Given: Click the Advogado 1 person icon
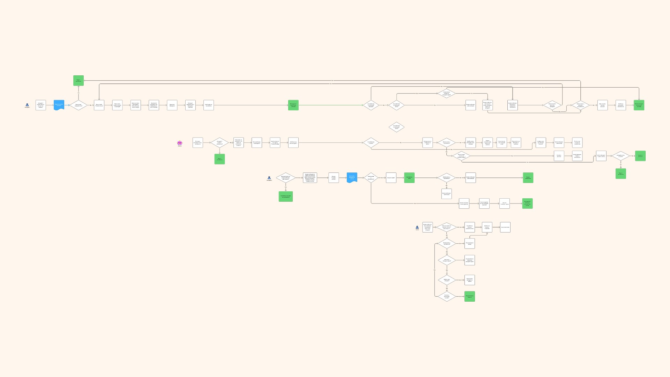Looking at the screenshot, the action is pos(27,105).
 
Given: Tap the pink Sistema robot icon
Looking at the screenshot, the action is pos(180,143).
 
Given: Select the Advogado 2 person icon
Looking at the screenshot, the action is pos(269,178).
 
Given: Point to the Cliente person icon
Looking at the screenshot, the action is pos(417,227).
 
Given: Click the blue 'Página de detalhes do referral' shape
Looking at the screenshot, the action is pos(59,105).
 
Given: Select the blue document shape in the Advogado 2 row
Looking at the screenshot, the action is pos(352,177).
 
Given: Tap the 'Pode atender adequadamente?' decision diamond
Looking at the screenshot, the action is pos(79,105).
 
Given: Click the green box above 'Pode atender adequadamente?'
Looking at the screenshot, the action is pos(79,80).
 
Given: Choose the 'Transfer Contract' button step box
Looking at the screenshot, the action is pos(99,105).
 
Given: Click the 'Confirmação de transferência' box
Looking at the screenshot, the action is pos(209,105).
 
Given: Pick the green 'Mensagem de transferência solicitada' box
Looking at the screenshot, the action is pos(293,105).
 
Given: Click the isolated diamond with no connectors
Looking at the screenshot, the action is pos(396,127).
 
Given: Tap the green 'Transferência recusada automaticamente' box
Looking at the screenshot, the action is pos(285,197).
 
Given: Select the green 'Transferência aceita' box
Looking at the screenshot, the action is pos(409,178).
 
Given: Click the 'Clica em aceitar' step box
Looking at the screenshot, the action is pos(391,178).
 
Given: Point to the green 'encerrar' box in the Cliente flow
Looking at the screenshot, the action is pos(469,296).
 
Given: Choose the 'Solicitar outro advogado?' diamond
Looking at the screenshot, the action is pos(447,280).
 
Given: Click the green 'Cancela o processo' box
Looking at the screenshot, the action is pos(640,156).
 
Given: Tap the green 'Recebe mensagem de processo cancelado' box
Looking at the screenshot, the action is pos(639,105).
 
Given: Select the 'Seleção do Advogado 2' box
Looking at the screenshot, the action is pos(172,105).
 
